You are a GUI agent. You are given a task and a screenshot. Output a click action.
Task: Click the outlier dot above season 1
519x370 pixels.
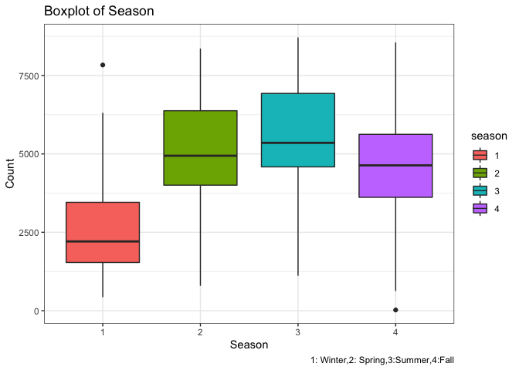coord(103,65)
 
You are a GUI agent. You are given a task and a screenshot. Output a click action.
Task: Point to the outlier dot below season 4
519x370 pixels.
coord(395,310)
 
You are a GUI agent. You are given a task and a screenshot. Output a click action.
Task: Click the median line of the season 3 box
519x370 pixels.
coord(297,143)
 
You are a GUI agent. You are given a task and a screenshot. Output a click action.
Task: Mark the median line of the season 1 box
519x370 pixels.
coord(103,241)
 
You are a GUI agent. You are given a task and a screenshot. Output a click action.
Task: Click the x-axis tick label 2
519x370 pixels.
coord(200,331)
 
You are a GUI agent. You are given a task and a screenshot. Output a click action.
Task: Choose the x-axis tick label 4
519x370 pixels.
coord(395,331)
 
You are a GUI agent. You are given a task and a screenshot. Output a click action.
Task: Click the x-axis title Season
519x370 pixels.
coord(249,346)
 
